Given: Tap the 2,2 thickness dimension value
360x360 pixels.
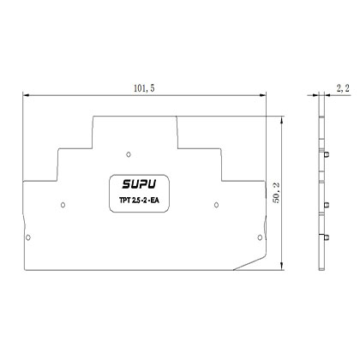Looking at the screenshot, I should click(x=341, y=87).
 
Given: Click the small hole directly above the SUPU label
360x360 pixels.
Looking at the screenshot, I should click(x=128, y=154).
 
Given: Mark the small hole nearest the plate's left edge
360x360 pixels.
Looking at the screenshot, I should click(x=30, y=237).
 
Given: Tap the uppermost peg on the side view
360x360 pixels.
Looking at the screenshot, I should click(x=328, y=154).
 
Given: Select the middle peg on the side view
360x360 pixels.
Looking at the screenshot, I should click(x=328, y=204).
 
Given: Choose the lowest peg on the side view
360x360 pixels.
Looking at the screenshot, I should click(x=328, y=237).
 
